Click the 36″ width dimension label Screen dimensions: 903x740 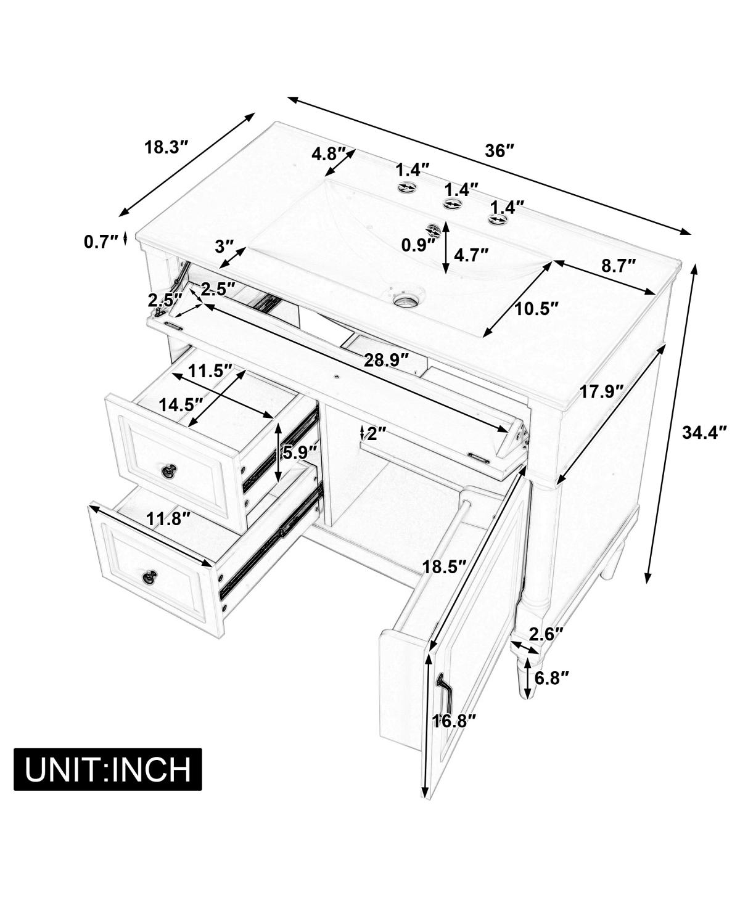click(499, 151)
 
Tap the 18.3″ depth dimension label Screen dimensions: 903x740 click(165, 148)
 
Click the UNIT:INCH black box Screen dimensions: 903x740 click(108, 769)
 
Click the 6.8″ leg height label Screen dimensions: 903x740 click(551, 678)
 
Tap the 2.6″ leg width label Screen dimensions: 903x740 click(547, 633)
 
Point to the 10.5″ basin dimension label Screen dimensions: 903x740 click(536, 308)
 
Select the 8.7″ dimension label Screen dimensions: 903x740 click(619, 266)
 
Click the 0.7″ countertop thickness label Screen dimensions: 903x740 click(101, 242)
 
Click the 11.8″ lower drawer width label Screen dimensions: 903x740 click(166, 520)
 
